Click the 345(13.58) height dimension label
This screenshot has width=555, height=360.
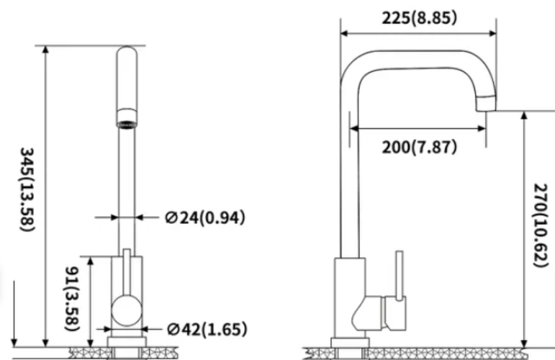click(x=27, y=189)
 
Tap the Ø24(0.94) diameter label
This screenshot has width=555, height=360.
click(x=205, y=217)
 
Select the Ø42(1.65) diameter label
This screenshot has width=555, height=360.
click(x=207, y=329)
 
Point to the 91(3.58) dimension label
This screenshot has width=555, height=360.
click(x=71, y=298)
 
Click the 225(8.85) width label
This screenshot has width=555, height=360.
click(x=420, y=18)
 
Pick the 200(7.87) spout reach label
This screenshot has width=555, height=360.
click(x=420, y=147)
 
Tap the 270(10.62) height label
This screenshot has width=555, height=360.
click(x=541, y=225)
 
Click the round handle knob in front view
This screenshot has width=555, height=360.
click(x=127, y=310)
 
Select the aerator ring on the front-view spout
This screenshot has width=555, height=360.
click(x=127, y=119)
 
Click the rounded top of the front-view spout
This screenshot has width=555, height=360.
click(x=127, y=53)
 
